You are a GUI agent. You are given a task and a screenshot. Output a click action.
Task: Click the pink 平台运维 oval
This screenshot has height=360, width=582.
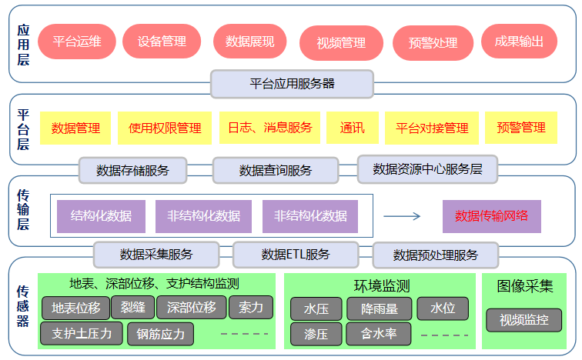(x=77, y=42)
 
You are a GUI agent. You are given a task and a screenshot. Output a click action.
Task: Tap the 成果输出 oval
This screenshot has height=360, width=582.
(x=519, y=42)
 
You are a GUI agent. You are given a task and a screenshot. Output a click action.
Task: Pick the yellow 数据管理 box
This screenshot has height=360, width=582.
(x=75, y=128)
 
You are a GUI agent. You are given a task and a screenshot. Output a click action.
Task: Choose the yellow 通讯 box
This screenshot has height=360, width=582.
(x=352, y=128)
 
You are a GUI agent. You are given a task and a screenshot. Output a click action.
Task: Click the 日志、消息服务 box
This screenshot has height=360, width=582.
(x=269, y=128)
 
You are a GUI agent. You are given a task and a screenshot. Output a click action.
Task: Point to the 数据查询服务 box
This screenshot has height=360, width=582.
(x=275, y=170)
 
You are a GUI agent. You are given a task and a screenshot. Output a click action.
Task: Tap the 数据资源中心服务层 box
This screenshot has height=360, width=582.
(x=427, y=168)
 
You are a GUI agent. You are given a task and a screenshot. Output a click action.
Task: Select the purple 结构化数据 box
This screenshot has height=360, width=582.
(x=101, y=216)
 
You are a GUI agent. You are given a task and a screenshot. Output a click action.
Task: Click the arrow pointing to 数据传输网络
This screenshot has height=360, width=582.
(x=402, y=216)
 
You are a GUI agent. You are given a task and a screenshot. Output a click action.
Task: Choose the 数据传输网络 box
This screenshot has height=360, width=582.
(x=491, y=216)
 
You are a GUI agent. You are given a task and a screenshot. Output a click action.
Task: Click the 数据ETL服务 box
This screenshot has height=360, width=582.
(x=296, y=254)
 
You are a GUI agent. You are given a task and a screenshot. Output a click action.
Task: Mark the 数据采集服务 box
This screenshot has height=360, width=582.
(x=156, y=254)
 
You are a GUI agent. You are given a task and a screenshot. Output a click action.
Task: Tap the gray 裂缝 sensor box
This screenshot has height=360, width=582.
(x=133, y=308)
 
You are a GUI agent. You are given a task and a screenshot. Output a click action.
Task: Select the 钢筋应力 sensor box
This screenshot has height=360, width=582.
(x=161, y=334)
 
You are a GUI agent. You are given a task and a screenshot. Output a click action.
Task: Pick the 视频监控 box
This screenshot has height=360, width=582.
(x=523, y=319)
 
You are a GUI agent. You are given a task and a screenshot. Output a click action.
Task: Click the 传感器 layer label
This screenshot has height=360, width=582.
(x=23, y=305)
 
